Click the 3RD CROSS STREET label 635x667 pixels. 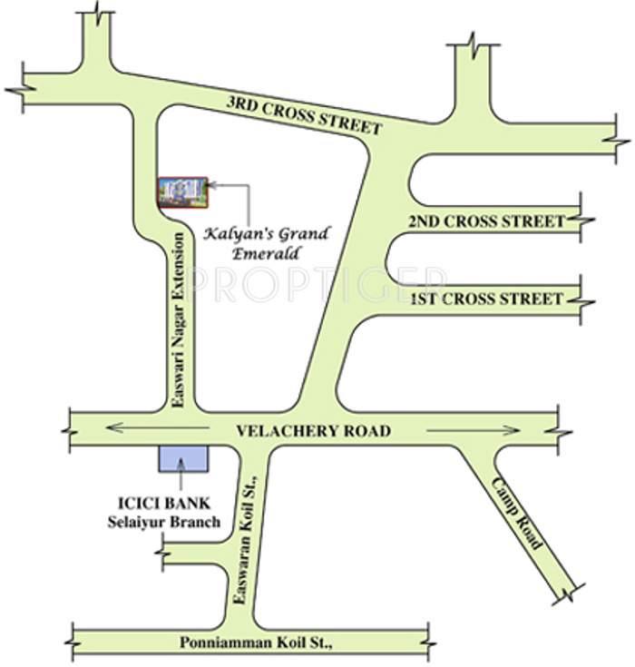click(x=304, y=115)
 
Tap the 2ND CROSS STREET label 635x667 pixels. click(x=486, y=221)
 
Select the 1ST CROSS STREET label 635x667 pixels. click(x=486, y=299)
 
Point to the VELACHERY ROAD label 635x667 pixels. click(x=313, y=431)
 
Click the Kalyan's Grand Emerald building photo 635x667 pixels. click(x=182, y=192)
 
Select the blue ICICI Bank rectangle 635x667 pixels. click(x=182, y=458)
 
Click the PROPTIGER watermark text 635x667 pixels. click(x=317, y=283)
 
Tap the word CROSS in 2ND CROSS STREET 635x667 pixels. click(x=489, y=221)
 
